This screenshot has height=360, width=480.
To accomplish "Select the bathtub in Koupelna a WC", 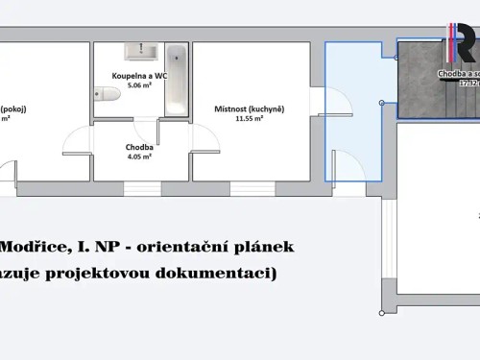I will point(176,79).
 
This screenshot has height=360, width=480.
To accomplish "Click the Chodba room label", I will point(140,148).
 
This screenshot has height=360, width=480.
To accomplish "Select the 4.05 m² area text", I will point(140,159).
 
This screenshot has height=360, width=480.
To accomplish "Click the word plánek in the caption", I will point(263,247).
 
